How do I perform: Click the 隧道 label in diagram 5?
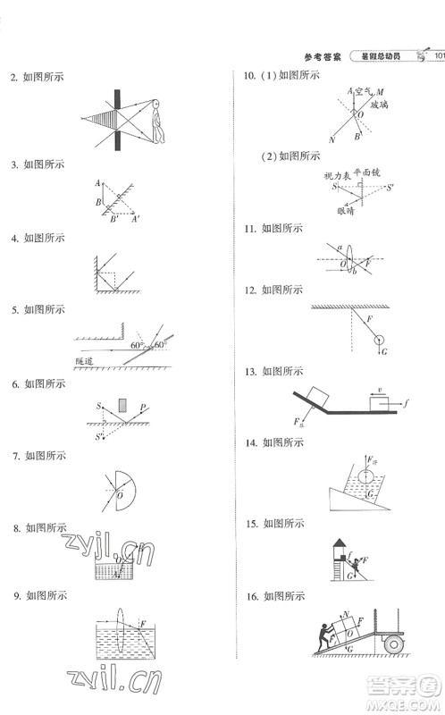coord(85,362)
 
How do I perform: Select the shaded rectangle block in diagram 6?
coord(122,407)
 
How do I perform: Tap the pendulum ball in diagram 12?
coord(380,339)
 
